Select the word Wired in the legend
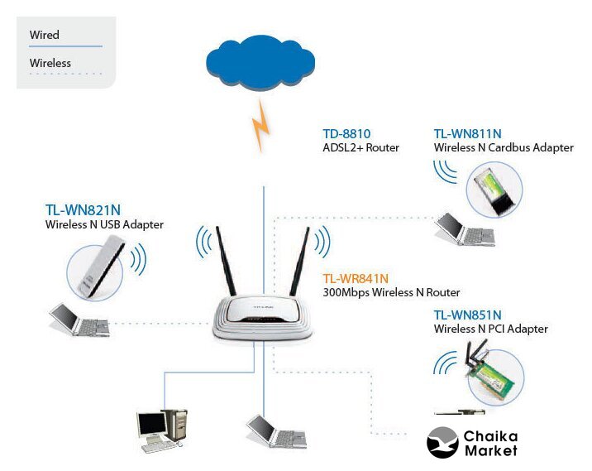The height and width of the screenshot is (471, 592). point(45,35)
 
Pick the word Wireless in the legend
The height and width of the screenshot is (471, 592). point(50,63)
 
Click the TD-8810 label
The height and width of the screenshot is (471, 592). point(346,133)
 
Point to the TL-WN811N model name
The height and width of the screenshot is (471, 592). point(468,133)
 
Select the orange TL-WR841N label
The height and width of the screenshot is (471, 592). point(356,278)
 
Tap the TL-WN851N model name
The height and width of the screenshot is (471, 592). point(468,315)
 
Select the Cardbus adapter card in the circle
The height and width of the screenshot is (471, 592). point(495,191)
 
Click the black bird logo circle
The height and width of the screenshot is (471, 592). point(442,442)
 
